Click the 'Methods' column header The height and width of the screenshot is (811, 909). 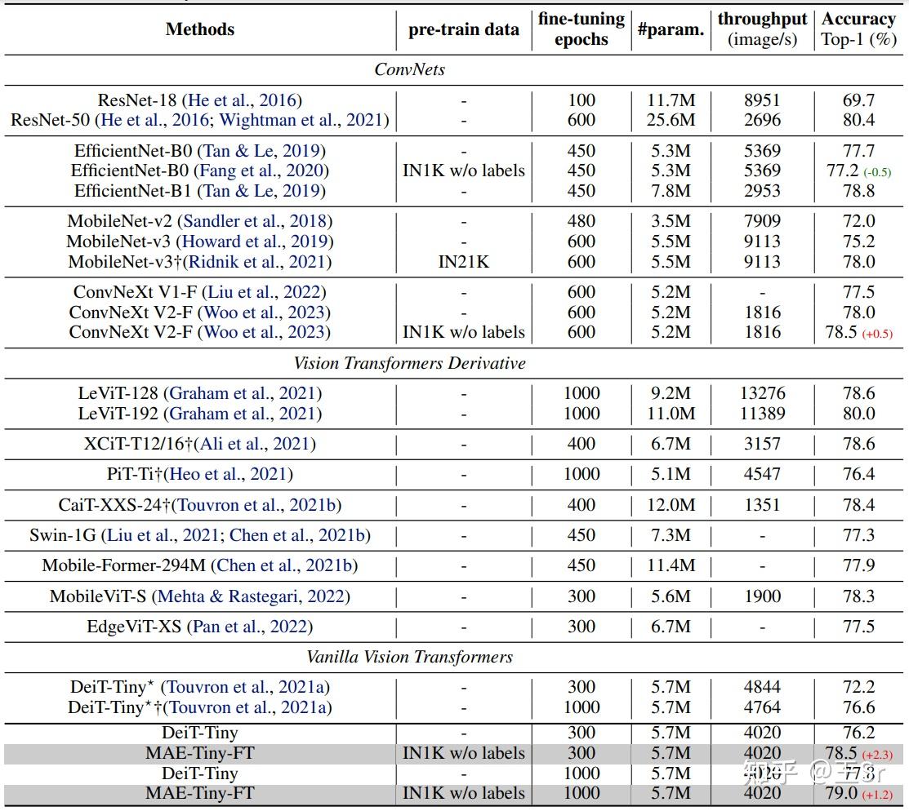(199, 29)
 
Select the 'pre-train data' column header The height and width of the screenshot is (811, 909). (463, 29)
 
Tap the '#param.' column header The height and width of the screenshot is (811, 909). (671, 29)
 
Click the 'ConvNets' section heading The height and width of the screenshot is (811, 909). (409, 69)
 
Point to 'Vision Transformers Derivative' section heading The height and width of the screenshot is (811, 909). (409, 363)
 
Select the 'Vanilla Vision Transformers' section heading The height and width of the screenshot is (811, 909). (409, 657)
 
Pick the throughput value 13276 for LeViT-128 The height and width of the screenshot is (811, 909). (762, 393)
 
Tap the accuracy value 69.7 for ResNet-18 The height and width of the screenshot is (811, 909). (858, 100)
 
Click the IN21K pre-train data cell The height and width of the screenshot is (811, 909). (463, 262)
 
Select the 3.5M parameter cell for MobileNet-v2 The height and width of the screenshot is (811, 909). (671, 221)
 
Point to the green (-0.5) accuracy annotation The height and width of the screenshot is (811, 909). (878, 171)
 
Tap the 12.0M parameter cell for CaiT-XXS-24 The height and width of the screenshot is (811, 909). (671, 505)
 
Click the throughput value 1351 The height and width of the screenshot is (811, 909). (762, 505)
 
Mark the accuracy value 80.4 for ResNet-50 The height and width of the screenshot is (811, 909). (858, 121)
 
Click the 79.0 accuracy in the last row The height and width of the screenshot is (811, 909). (841, 793)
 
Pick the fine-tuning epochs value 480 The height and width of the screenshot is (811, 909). (581, 221)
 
